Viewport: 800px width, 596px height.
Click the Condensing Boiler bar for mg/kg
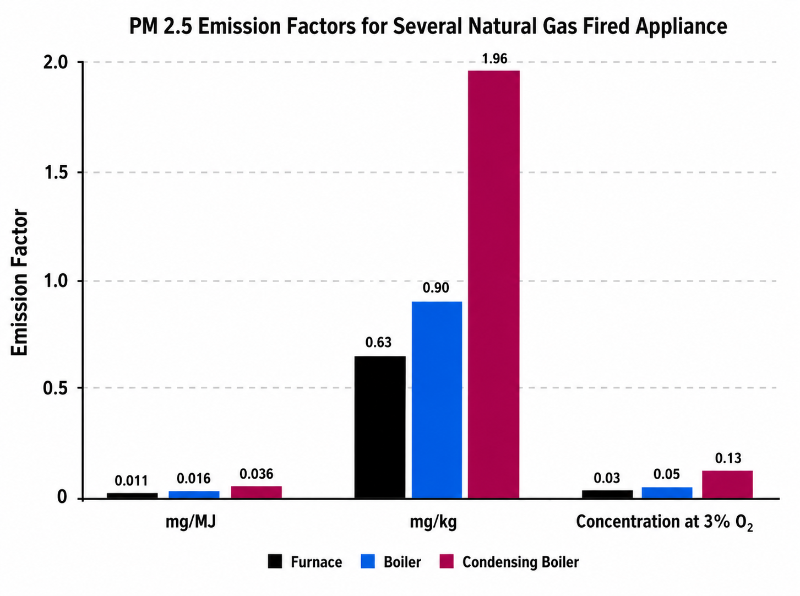494,284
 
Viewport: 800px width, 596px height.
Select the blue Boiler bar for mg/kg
437,400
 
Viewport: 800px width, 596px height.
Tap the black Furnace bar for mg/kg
380,427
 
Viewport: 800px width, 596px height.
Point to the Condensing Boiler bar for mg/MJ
257,492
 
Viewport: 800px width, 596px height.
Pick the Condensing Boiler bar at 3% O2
727,484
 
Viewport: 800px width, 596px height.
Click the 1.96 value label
494,58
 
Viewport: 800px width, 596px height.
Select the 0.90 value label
436,288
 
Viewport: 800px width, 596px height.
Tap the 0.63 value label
378,342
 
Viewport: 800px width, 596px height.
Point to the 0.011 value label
131,480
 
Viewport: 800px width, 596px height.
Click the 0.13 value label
728,458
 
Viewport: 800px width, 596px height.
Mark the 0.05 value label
667,474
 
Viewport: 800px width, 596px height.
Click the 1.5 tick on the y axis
56,173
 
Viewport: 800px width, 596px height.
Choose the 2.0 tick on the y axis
56,63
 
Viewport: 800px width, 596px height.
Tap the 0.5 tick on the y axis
56,388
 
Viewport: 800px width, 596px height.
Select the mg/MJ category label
191,522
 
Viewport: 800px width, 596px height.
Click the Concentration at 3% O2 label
665,523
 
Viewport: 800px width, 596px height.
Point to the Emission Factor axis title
19,282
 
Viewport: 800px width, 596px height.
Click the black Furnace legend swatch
275,562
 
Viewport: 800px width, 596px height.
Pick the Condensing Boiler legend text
520,562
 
